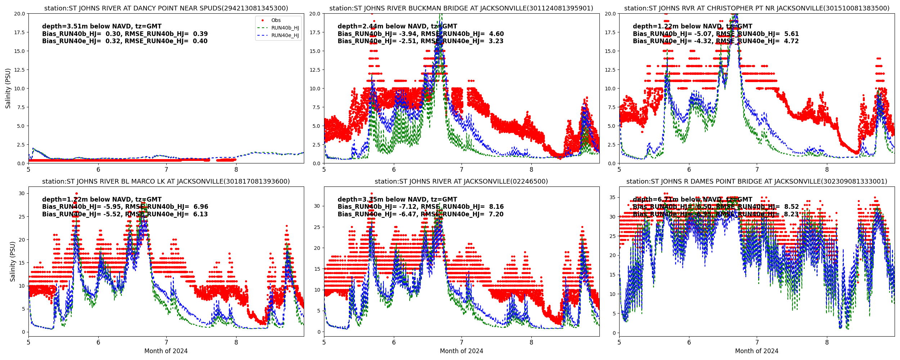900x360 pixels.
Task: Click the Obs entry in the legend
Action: pos(276,21)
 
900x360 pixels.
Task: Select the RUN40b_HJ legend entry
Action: pos(285,28)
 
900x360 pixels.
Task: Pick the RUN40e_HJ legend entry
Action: pos(285,36)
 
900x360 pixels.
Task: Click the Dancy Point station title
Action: pos(166,8)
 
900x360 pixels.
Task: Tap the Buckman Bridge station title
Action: pos(461,8)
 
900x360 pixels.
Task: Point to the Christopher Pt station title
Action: pos(757,8)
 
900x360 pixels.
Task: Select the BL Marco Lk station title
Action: pos(166,181)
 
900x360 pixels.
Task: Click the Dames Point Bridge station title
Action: pos(757,181)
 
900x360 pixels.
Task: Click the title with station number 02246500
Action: pos(461,181)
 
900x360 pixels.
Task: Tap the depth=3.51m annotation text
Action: pos(102,26)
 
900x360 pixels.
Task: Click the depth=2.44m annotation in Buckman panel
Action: pos(397,26)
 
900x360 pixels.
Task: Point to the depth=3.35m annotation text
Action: pos(397,199)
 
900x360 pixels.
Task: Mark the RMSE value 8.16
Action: pos(496,207)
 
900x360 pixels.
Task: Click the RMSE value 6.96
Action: pos(201,207)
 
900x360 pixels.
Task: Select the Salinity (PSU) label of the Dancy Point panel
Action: pos(8,88)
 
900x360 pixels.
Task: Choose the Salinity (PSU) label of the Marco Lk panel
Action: pos(13,261)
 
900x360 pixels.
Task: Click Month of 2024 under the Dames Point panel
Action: pos(757,351)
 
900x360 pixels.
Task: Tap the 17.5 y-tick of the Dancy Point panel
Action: pos(19,32)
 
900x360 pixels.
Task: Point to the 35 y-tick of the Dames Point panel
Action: pos(612,198)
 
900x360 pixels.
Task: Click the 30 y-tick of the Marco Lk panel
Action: pos(22,194)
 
